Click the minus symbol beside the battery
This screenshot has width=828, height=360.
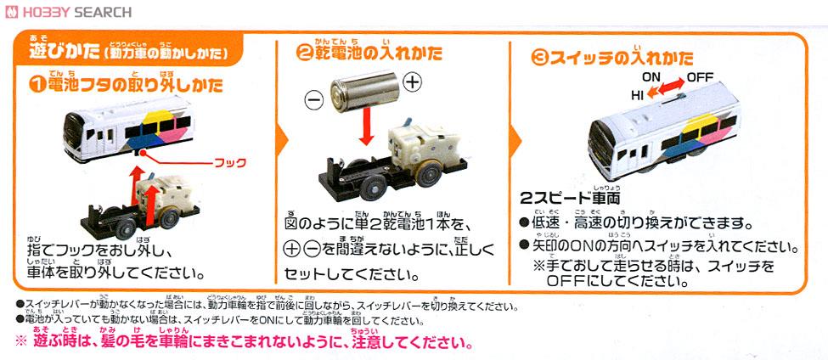pos(314,100)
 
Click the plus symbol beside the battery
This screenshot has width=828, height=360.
pos(412,82)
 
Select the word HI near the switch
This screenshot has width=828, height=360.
pos(637,96)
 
